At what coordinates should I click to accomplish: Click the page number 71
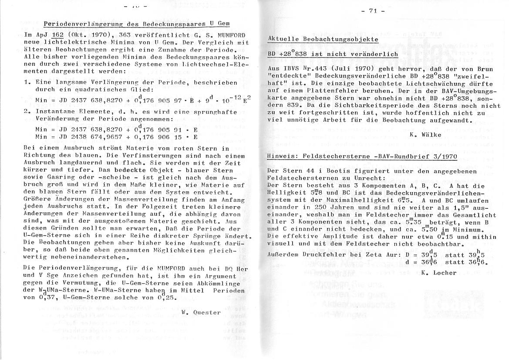point(373,11)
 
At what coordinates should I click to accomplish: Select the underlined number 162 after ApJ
point(57,35)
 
